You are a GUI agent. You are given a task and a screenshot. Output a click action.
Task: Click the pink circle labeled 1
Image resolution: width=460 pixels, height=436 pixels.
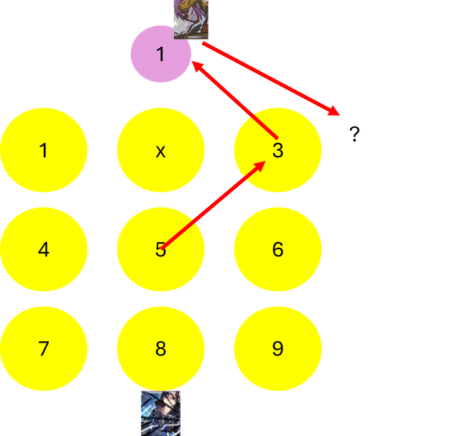(161, 54)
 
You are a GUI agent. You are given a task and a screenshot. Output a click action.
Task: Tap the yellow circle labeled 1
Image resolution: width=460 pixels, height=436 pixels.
(44, 150)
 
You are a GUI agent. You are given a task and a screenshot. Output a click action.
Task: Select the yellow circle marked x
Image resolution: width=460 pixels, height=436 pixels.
(161, 150)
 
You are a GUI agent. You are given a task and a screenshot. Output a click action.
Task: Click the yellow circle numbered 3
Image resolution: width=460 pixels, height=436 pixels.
(278, 150)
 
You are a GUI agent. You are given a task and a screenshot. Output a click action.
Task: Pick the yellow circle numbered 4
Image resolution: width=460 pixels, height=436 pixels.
(44, 249)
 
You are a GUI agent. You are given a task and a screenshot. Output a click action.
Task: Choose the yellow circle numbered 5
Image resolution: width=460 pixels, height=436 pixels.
(161, 249)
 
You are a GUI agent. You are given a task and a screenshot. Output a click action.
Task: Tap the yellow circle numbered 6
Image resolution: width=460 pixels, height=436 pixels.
(278, 249)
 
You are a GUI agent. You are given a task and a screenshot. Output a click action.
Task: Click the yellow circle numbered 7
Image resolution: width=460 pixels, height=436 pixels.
(44, 348)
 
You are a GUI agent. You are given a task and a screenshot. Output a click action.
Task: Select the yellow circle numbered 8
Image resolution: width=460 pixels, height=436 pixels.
(161, 348)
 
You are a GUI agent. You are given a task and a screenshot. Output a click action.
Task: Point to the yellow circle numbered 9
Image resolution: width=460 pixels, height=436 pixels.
(278, 348)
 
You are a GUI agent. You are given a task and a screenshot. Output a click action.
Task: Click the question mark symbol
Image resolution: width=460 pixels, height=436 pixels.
(354, 134)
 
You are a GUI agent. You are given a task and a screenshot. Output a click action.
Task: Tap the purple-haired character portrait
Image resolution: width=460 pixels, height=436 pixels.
(191, 19)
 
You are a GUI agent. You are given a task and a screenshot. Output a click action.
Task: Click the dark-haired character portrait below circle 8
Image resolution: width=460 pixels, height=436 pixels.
(161, 414)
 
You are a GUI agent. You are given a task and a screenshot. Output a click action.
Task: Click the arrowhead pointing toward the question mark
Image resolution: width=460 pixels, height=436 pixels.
(333, 111)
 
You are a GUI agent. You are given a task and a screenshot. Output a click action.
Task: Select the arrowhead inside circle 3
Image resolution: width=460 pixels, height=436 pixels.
(259, 167)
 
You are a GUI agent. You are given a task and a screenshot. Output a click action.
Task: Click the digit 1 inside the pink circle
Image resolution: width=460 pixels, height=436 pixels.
(160, 54)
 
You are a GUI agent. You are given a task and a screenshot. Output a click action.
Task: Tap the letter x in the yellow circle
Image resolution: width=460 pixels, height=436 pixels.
(160, 152)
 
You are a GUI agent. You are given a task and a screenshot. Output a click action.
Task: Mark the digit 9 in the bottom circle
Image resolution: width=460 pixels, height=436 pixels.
(278, 348)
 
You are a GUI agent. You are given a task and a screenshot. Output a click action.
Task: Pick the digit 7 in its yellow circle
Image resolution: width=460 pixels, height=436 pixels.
(44, 348)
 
